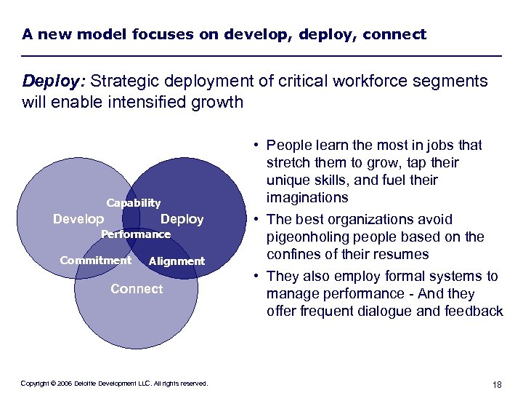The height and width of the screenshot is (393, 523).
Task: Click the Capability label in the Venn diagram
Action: click(134, 203)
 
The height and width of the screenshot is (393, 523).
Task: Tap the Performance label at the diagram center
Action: click(135, 234)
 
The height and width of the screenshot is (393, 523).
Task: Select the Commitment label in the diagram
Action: click(95, 261)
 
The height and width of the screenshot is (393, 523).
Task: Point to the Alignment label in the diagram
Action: click(177, 261)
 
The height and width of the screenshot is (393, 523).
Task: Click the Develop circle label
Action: click(78, 219)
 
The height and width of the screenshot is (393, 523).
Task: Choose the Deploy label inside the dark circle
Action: click(182, 219)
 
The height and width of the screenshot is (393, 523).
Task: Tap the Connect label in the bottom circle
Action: click(137, 289)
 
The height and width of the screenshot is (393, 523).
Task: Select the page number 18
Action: click(497, 384)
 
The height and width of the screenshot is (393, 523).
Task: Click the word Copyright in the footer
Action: click(35, 384)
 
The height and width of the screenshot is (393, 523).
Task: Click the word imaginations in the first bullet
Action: click(307, 197)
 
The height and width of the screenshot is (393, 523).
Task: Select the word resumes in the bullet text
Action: click(401, 254)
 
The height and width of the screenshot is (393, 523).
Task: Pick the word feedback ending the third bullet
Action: click(475, 311)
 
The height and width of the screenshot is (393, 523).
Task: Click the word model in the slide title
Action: click(95, 34)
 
